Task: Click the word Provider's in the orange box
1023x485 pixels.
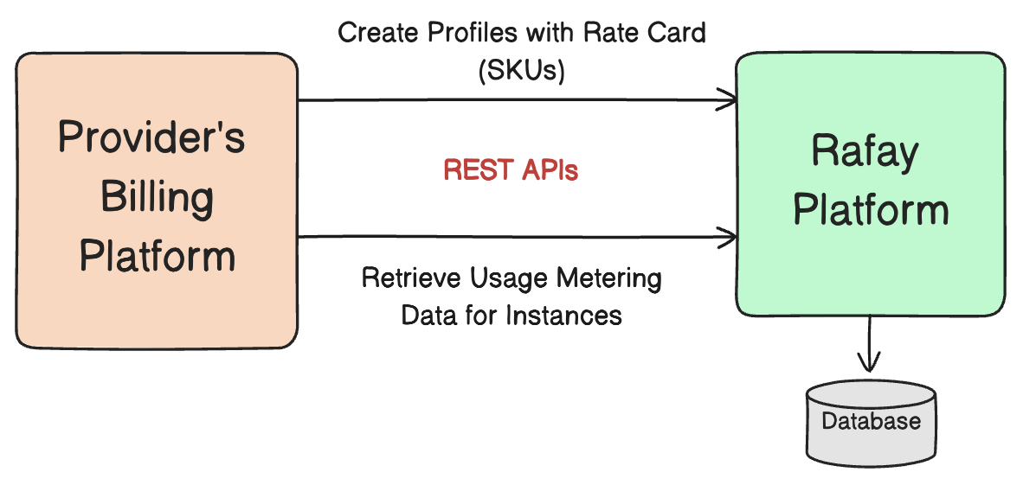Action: [151, 139]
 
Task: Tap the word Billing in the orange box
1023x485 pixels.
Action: [157, 198]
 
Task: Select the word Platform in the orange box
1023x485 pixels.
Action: [158, 257]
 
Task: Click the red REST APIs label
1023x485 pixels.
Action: [511, 170]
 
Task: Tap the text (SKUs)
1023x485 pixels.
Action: [521, 72]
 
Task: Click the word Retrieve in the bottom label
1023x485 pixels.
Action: [412, 279]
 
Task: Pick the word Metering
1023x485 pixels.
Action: [611, 279]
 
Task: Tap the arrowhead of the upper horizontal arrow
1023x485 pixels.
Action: [729, 100]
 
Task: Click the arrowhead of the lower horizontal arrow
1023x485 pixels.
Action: [729, 235]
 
